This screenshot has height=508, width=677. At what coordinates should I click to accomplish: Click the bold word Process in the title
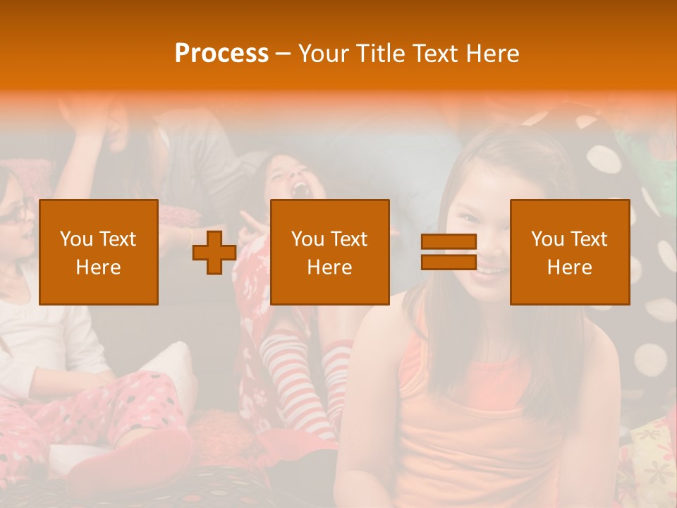221,54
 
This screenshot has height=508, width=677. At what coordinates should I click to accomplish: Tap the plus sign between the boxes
214,252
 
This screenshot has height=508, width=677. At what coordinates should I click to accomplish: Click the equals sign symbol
449,252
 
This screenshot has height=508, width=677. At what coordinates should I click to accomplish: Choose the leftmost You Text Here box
99,252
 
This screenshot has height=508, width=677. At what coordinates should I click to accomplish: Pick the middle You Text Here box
330,252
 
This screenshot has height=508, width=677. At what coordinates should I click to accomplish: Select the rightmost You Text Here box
570,252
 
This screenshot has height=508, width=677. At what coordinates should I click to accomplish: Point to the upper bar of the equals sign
449,242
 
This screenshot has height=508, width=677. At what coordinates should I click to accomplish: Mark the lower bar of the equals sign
449,262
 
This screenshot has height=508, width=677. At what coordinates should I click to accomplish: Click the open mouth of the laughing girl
300,189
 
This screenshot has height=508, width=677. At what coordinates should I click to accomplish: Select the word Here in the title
492,54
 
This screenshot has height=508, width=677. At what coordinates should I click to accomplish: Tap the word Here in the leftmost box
99,267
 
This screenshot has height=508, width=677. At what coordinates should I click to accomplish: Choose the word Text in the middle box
350,239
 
